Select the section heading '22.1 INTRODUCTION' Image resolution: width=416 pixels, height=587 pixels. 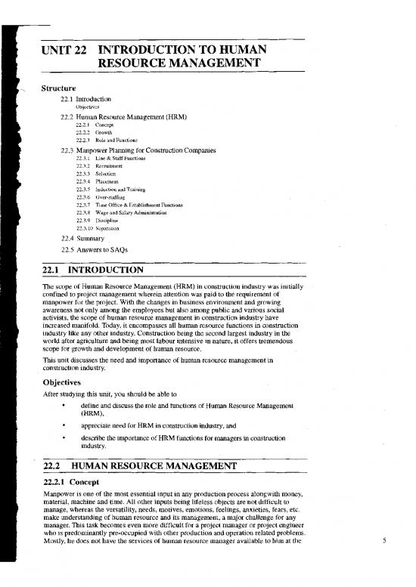[104, 270]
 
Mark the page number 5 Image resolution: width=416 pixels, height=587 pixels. [385, 561]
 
